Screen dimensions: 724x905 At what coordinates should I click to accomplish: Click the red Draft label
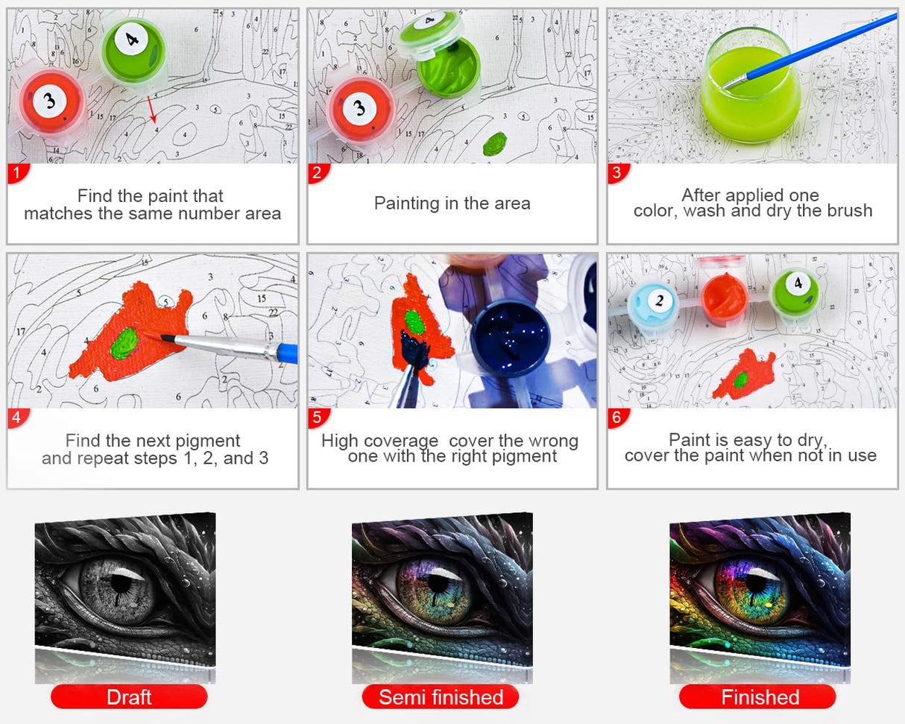tap(129, 697)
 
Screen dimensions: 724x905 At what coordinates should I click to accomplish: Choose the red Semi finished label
tap(441, 697)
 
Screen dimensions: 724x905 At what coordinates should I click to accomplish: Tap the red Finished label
tap(757, 697)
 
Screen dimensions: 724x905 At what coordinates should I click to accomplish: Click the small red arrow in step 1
tap(151, 109)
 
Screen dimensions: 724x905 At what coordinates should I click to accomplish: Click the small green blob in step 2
tap(494, 143)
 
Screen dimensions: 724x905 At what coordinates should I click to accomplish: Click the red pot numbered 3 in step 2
tap(361, 108)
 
